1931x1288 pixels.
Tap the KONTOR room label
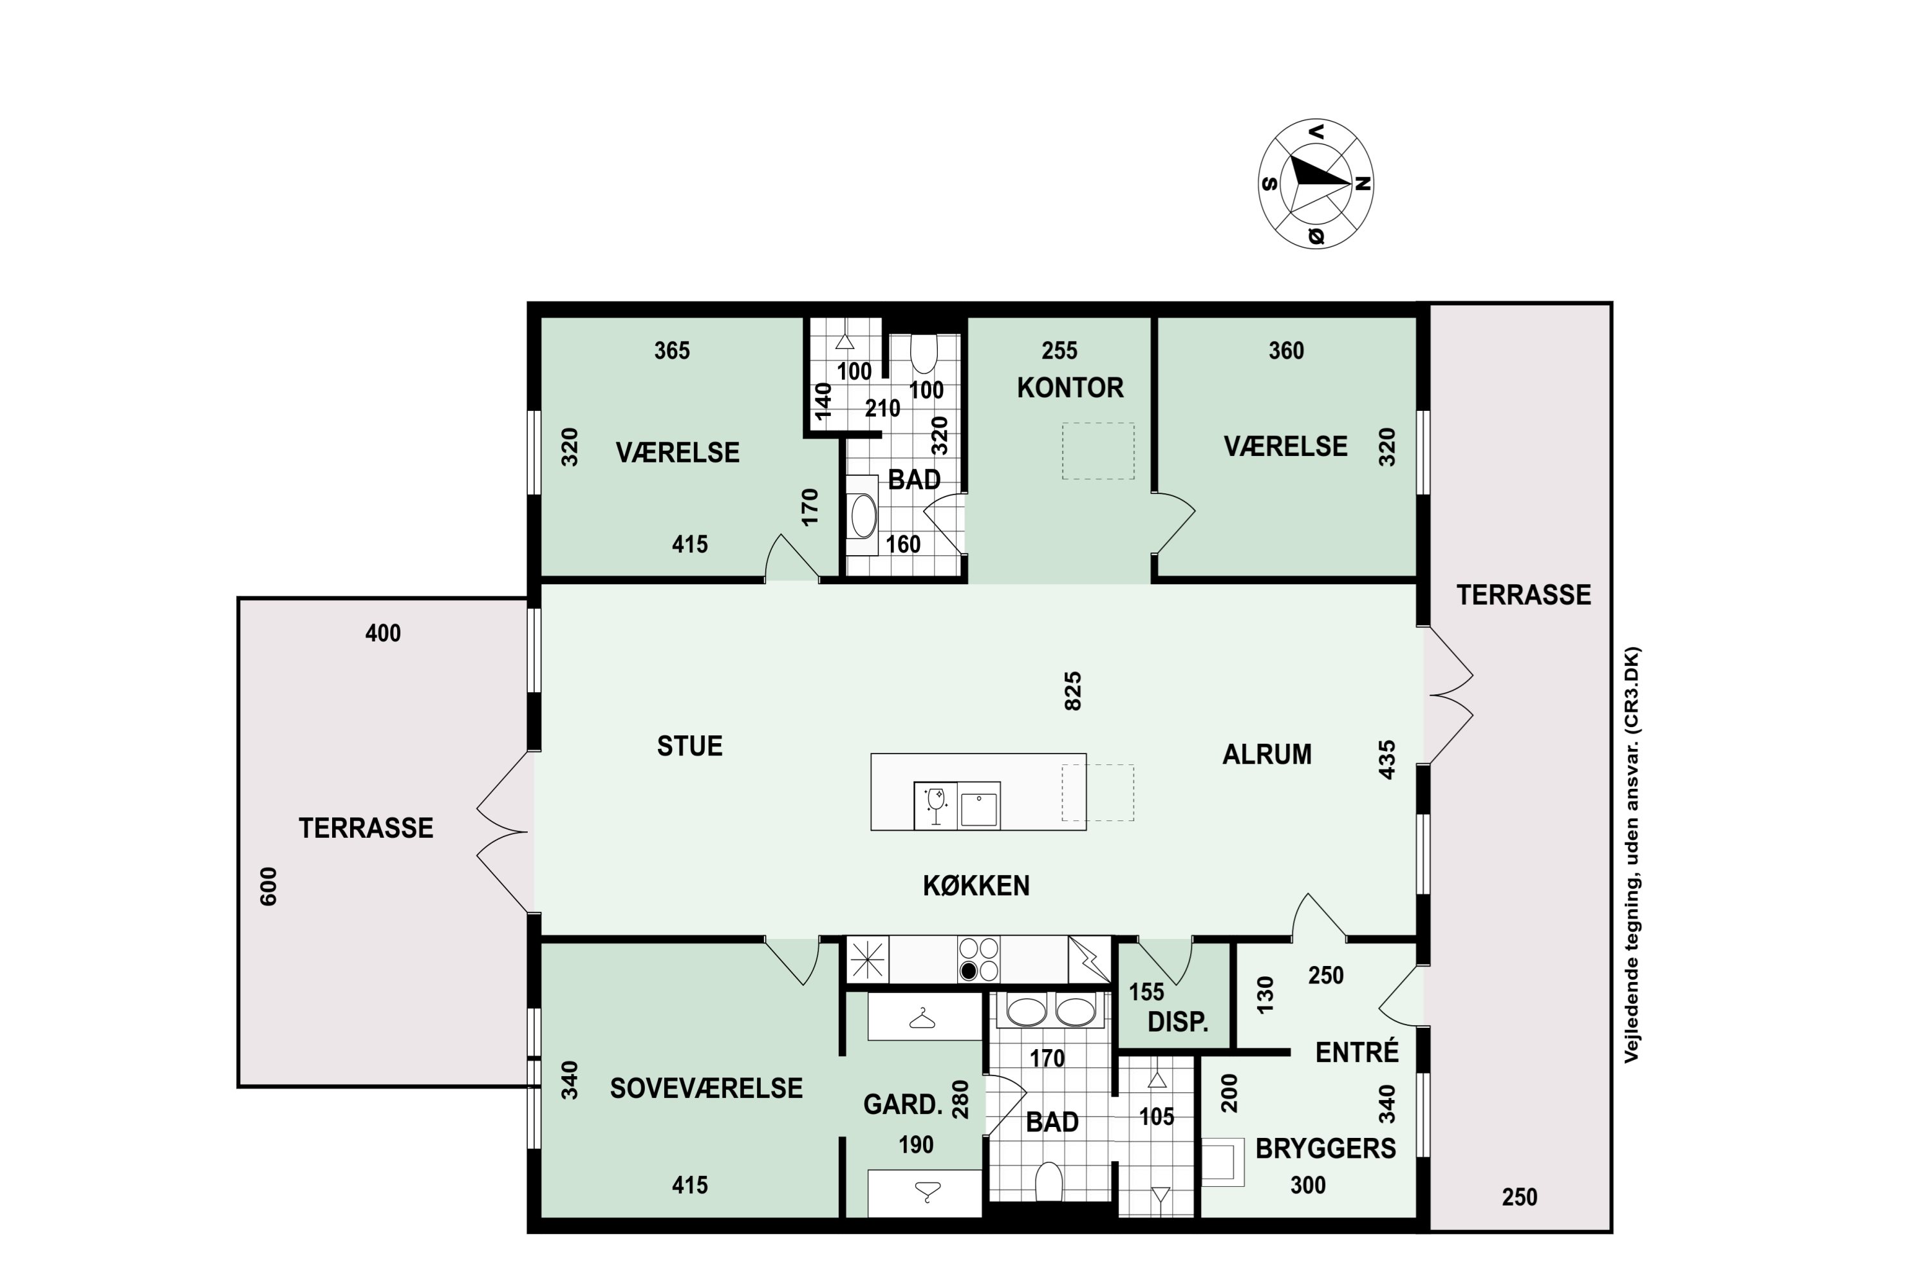1070,388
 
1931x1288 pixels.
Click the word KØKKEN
976,885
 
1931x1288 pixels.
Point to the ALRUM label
1267,754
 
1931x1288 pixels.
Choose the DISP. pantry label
1178,1023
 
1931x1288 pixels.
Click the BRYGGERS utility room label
1326,1148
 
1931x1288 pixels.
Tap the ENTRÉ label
1357,1052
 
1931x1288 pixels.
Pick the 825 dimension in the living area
1073,691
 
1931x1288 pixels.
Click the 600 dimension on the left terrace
268,886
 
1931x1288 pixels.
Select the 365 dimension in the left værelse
671,351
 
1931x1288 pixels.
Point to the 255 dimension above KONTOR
1059,351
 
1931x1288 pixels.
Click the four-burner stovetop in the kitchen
978,960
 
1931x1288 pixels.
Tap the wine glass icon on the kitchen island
935,805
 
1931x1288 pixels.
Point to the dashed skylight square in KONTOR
1097,451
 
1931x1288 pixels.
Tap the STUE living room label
689,746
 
